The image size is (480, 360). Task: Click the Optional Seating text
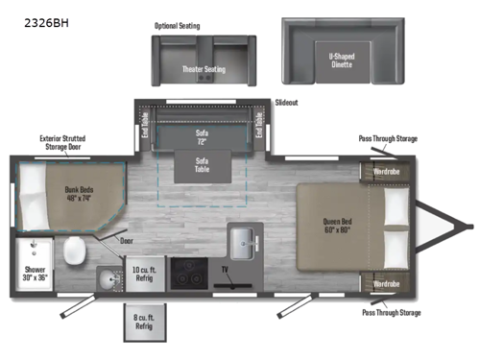click(177, 26)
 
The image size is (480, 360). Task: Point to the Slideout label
click(287, 101)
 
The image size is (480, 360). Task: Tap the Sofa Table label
click(203, 164)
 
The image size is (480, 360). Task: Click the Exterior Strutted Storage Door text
click(64, 142)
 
